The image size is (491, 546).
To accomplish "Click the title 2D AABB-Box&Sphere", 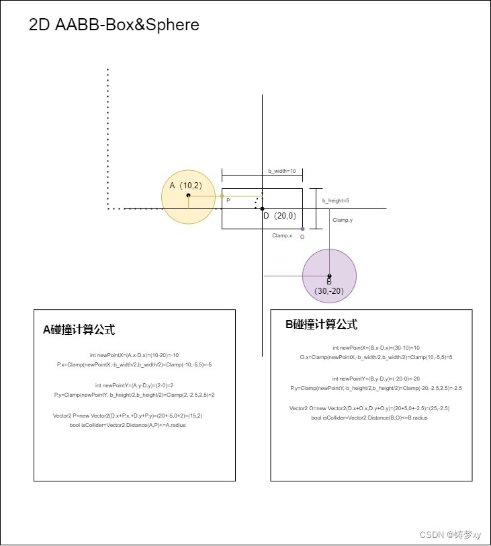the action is tap(114, 26).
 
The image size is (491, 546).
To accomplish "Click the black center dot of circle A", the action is tap(188, 196).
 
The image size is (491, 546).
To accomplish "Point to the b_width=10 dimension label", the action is tap(282, 171).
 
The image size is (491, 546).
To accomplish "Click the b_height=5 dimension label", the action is tap(336, 200).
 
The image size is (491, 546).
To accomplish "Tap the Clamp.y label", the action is tap(343, 220).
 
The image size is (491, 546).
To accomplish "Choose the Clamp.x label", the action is tap(282, 236).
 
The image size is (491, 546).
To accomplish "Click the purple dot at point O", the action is tap(302, 229).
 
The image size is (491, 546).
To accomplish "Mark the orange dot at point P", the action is tap(222, 196).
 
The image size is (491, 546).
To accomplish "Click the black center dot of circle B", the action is tap(329, 276).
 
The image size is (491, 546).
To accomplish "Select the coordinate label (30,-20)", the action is tap(329, 291).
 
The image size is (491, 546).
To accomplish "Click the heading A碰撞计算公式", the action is tap(79, 330).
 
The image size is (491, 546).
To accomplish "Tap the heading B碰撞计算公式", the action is tap(321, 325).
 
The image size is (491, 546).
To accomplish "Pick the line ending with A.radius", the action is tap(128, 426).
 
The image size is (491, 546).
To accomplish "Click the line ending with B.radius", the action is tap(369, 418).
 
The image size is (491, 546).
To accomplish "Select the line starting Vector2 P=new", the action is tap(128, 416).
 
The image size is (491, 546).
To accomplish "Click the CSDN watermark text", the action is tap(450, 535).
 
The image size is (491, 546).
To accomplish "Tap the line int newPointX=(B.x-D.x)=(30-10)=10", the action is tap(376, 348).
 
